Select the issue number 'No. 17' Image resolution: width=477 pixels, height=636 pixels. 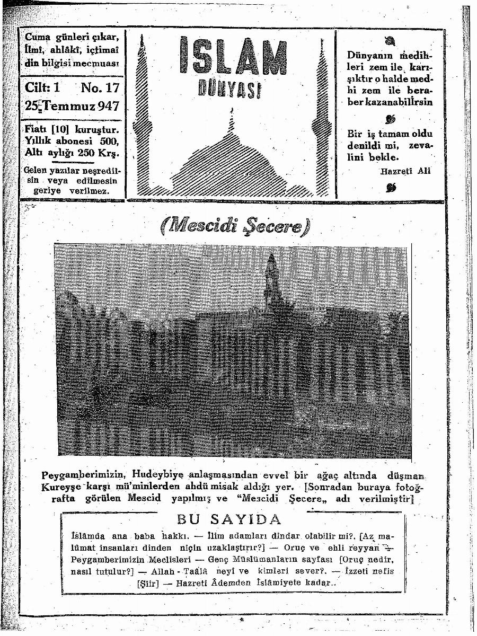(100, 87)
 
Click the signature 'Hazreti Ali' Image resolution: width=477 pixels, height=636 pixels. (405, 171)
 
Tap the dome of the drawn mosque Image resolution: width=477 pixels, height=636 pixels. (231, 159)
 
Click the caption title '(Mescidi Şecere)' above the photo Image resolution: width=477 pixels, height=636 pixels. (234, 228)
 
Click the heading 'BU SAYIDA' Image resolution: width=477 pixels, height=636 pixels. (229, 519)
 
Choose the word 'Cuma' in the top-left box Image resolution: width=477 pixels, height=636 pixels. (37, 38)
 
